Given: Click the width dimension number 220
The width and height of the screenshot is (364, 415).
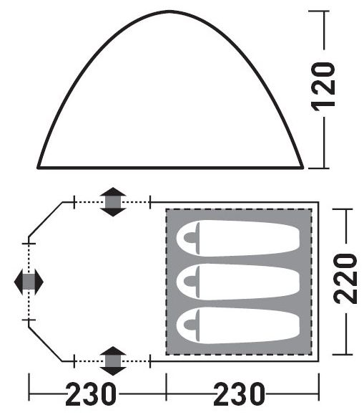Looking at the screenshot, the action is (x=345, y=278).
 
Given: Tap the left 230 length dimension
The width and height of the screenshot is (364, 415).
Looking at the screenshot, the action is (x=91, y=393).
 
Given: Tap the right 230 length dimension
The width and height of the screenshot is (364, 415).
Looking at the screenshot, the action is (x=239, y=393).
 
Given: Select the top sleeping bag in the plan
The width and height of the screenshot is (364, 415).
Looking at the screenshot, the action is (x=238, y=238).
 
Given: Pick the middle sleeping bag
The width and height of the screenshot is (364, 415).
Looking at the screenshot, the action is (x=238, y=282).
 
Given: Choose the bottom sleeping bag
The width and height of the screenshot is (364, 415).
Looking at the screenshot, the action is (x=238, y=325).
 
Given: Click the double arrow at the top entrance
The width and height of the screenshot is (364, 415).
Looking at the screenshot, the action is (x=113, y=202).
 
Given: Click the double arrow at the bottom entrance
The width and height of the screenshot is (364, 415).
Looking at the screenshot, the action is (x=113, y=361).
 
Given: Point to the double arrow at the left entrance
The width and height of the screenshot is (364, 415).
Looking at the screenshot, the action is (x=29, y=282).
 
